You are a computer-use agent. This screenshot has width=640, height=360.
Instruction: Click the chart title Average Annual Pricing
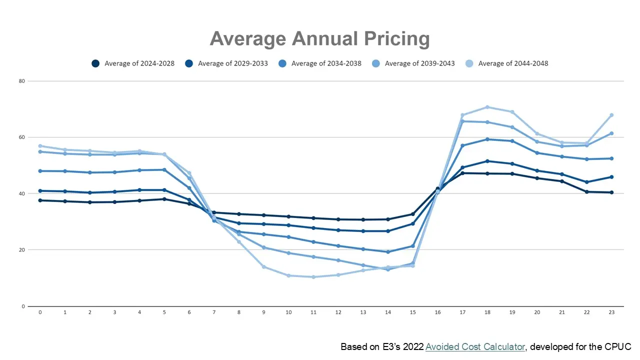(x=319, y=38)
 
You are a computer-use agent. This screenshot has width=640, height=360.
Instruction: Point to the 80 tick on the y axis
(x=22, y=81)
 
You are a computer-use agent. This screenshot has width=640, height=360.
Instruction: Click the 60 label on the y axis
(x=22, y=137)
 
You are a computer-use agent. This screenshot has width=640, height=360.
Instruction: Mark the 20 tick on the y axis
(x=22, y=250)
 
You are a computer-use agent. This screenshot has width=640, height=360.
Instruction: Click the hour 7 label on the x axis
(x=213, y=312)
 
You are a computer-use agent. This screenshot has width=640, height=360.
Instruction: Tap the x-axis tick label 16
(x=437, y=312)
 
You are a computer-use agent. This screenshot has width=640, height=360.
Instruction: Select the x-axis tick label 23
(x=611, y=312)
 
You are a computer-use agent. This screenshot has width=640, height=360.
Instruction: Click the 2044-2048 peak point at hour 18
(x=487, y=107)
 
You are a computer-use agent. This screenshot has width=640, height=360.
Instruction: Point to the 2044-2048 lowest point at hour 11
(x=313, y=277)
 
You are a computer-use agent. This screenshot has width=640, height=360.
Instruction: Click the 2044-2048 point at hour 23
(x=611, y=115)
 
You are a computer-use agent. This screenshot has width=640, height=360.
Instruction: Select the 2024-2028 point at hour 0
(x=40, y=200)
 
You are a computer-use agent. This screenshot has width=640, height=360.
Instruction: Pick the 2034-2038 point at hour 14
(x=387, y=252)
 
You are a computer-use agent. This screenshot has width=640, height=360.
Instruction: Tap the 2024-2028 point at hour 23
(x=611, y=192)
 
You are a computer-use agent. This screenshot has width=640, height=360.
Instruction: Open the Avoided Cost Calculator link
(x=475, y=346)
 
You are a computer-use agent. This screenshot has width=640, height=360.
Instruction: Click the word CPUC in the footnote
(x=619, y=346)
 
